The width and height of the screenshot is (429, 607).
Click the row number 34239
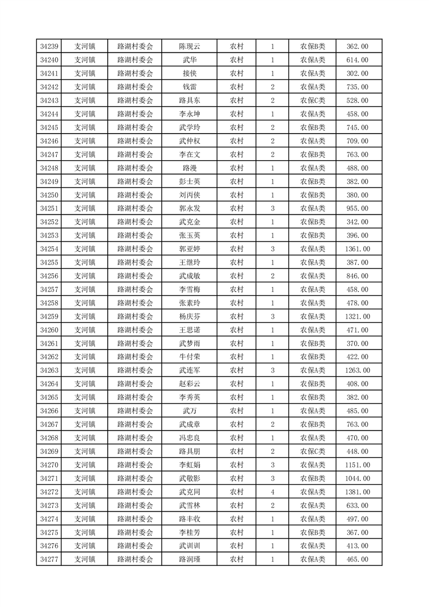coord(49,47)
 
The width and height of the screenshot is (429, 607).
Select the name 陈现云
coord(189,47)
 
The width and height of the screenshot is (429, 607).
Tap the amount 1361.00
coord(357,249)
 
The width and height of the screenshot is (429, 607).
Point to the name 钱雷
coord(189,87)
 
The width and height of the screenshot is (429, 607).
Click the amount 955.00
coord(357,208)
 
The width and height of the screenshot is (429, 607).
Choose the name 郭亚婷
coord(189,249)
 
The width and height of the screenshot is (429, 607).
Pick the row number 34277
coord(49,559)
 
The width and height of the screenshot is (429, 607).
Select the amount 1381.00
coord(357,492)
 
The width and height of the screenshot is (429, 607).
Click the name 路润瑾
coord(189,559)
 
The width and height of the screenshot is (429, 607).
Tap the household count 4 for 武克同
coord(272,492)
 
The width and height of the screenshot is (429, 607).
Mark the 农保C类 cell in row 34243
coord(313,101)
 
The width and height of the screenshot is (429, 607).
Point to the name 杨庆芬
coord(189,316)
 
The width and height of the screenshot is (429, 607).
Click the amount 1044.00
coord(357,478)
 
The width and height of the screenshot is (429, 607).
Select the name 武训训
coord(189,546)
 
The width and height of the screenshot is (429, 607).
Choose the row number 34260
coord(49,330)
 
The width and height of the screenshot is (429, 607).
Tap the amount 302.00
coord(357,74)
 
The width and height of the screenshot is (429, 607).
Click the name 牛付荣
coord(189,357)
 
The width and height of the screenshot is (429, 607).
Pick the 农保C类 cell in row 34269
coord(313,451)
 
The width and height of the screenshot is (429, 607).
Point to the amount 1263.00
coord(357,371)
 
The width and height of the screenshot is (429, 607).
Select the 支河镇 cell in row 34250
coord(85,195)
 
